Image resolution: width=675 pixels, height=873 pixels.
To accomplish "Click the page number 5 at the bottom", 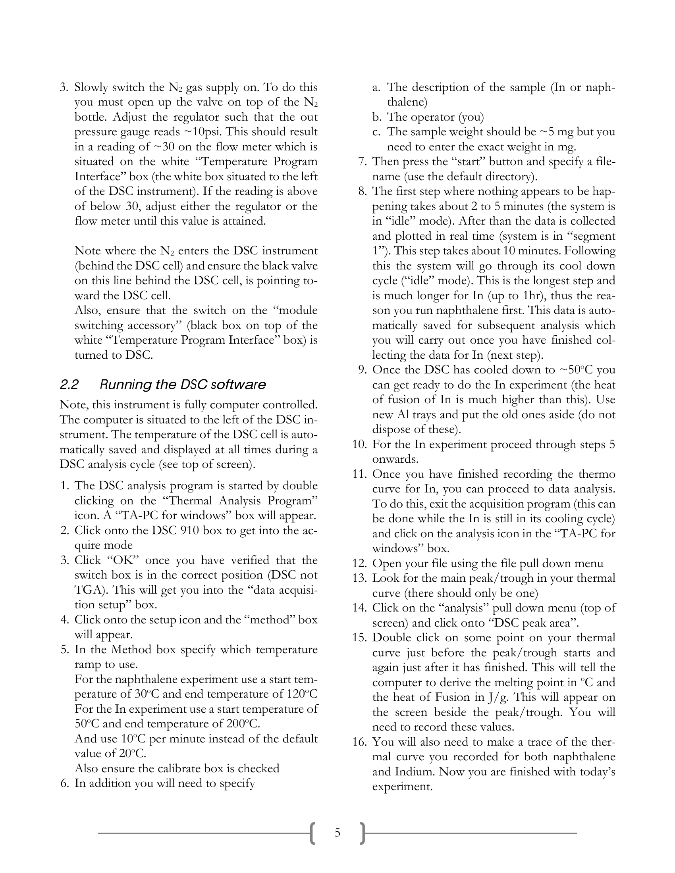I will [337, 833].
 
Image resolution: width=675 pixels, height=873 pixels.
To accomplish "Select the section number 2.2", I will [69, 385].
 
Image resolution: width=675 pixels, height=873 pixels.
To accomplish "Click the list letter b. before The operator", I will [377, 117].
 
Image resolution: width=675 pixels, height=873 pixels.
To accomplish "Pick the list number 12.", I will [359, 563].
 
